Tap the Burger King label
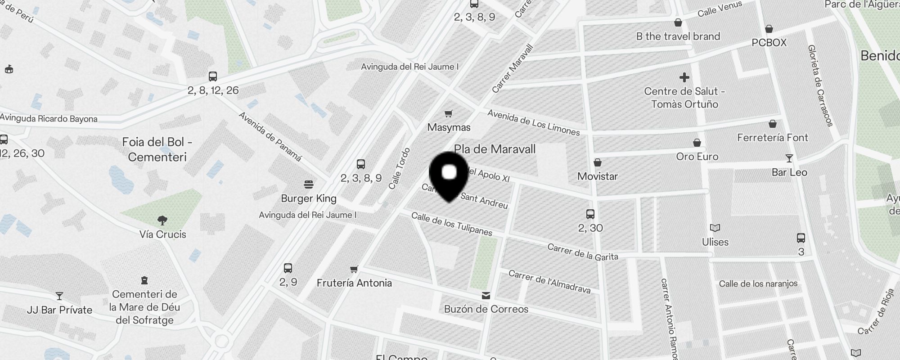pyautogui.click(x=309, y=198)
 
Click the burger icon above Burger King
pyautogui.click(x=309, y=184)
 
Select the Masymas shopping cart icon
pyautogui.click(x=448, y=113)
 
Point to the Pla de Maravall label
pyautogui.click(x=495, y=149)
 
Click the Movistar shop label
pyautogui.click(x=597, y=176)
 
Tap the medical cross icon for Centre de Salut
pyautogui.click(x=684, y=77)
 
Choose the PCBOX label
pyautogui.click(x=769, y=43)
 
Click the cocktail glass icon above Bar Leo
pyautogui.click(x=789, y=158)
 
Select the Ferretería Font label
pyautogui.click(x=772, y=138)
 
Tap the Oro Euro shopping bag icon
pyautogui.click(x=697, y=143)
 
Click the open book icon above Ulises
pyautogui.click(x=715, y=228)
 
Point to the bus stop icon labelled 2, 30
pyautogui.click(x=590, y=214)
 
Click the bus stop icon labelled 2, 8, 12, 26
pyautogui.click(x=213, y=76)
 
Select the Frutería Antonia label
pyautogui.click(x=354, y=283)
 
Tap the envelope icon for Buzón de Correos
pyautogui.click(x=486, y=296)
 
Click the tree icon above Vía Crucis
pyautogui.click(x=162, y=220)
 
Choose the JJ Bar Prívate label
pyautogui.click(x=59, y=310)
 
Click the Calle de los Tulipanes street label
pyautogui.click(x=452, y=224)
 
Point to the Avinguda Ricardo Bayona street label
pyautogui.click(x=49, y=119)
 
